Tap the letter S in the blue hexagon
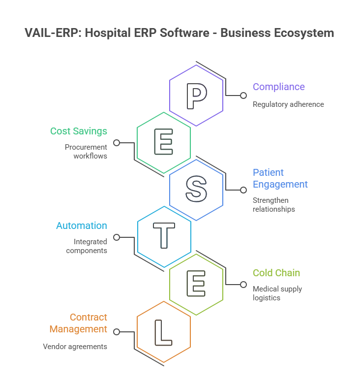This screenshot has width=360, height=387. tap(196, 190)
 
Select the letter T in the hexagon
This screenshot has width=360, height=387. tap(164, 237)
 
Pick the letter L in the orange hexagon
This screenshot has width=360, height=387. tap(163, 332)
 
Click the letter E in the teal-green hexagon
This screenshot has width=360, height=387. tap(164, 143)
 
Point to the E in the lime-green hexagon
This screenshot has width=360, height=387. tap(196, 285)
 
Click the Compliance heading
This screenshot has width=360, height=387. tap(278, 87)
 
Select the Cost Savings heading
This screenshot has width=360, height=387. tap(79, 131)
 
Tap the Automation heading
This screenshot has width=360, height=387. tap(81, 226)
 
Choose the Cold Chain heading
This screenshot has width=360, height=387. tap(276, 273)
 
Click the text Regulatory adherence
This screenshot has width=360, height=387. tap(288, 104)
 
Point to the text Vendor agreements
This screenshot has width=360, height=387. tap(75, 346)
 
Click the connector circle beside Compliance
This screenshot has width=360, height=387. tap(243, 96)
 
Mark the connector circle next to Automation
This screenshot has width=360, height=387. tap(117, 237)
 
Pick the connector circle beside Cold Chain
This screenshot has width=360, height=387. tap(243, 285)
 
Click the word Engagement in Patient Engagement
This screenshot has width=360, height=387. tap(280, 184)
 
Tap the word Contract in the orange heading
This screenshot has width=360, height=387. tap(89, 317)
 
